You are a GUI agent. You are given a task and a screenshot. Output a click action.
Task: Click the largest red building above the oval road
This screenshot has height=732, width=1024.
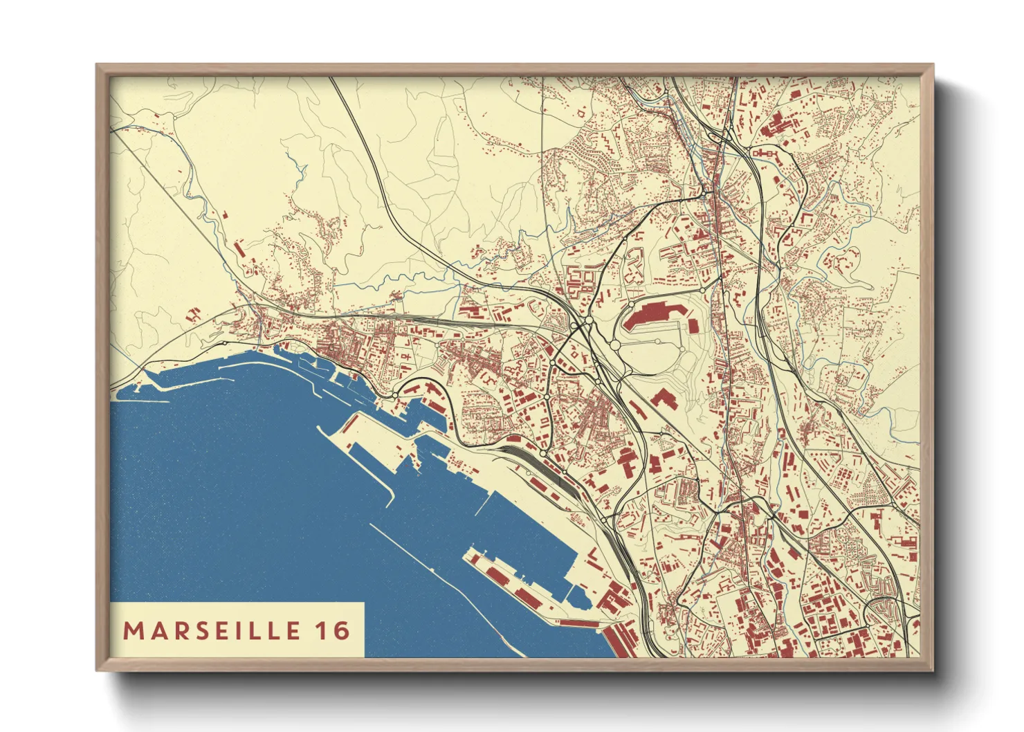655,314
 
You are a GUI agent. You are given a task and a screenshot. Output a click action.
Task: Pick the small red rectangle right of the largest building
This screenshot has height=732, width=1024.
693,324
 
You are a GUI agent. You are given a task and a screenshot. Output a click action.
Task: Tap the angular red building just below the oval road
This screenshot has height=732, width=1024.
662,399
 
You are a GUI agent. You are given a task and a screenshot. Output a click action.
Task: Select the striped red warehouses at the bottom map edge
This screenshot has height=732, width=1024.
623,640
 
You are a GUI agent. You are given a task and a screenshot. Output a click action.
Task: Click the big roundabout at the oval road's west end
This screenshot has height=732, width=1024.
614,345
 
